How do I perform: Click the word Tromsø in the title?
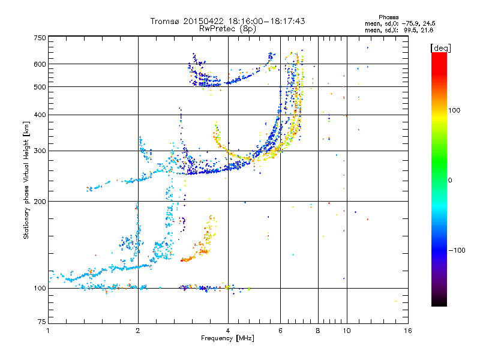[165, 21]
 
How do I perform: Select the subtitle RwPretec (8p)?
[227, 29]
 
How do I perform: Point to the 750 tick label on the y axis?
[40, 38]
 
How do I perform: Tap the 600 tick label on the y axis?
[40, 64]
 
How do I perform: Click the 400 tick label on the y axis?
[40, 115]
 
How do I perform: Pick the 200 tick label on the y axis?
[40, 202]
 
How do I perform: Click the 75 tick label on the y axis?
[42, 322]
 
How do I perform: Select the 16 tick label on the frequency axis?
[408, 331]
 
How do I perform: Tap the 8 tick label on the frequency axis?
[318, 331]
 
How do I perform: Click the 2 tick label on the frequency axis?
[138, 331]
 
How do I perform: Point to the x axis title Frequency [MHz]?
[227, 338]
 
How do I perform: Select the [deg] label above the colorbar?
[440, 48]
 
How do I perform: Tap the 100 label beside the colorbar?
[454, 110]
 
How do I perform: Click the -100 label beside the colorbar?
[457, 250]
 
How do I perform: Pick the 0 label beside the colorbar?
[450, 181]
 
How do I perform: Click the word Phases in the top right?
[388, 17]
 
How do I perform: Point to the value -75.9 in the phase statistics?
[411, 23]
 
